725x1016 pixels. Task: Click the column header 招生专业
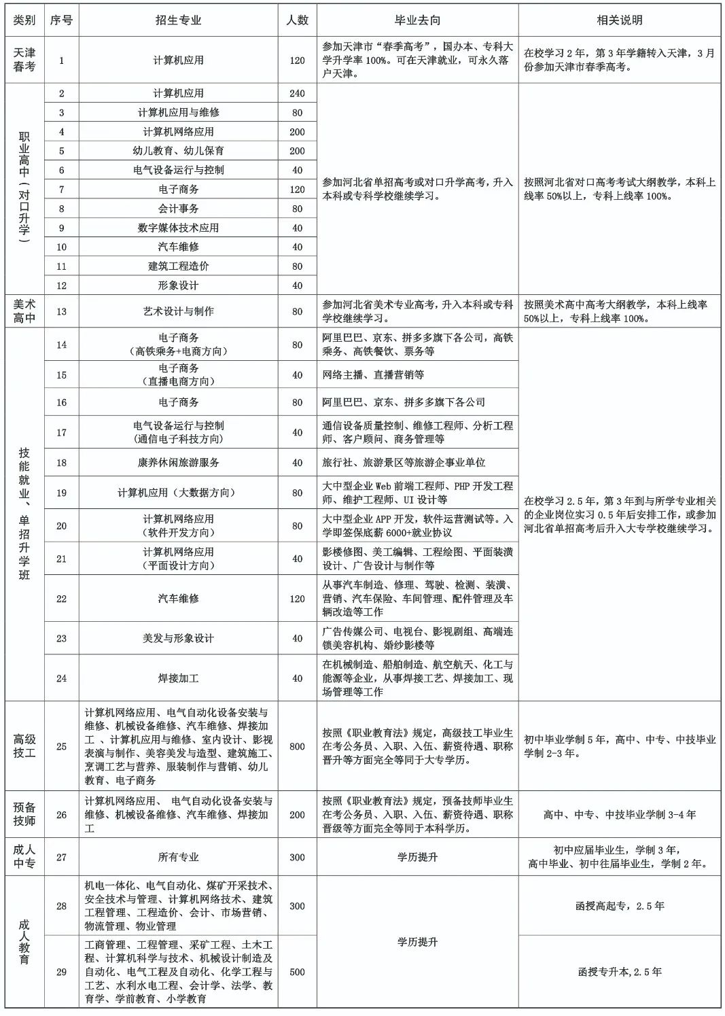click(x=178, y=20)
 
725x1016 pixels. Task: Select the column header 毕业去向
click(x=417, y=20)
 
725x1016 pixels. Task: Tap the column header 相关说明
click(x=619, y=20)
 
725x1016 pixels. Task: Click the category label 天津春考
click(x=24, y=60)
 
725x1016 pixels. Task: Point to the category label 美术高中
click(x=24, y=311)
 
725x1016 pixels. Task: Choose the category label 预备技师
click(x=24, y=814)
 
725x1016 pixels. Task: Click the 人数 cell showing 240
click(x=297, y=94)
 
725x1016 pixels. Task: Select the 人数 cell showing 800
click(x=297, y=746)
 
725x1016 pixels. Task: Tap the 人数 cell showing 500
click(x=297, y=972)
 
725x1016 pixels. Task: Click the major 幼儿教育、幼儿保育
click(x=178, y=151)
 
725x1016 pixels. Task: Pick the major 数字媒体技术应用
click(x=178, y=228)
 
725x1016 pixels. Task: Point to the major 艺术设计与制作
click(x=178, y=311)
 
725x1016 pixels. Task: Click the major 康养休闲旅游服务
click(x=178, y=462)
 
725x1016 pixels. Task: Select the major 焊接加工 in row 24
click(x=178, y=678)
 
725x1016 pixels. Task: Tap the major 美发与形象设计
click(x=178, y=638)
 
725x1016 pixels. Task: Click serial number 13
click(x=61, y=311)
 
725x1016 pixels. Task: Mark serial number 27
click(x=61, y=857)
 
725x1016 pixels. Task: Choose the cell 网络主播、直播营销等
click(x=373, y=375)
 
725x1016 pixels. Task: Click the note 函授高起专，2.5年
click(x=619, y=906)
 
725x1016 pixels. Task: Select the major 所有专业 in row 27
click(x=178, y=857)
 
